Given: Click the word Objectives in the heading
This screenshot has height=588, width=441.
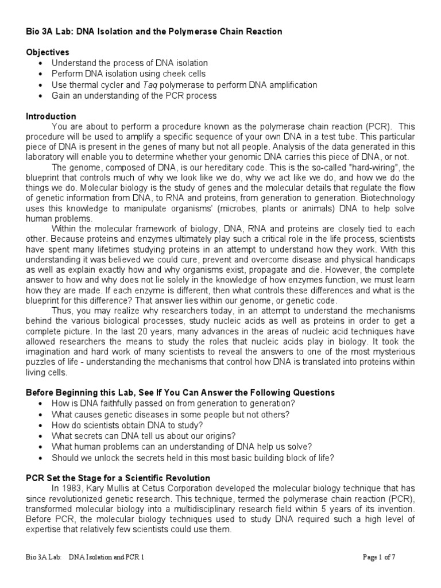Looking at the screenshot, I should click(48, 52).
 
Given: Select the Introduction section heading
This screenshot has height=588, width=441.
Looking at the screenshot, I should click(51, 117).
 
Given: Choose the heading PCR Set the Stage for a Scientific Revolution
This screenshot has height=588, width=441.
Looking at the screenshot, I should click(118, 478).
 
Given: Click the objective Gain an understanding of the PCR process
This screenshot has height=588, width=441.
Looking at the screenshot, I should click(134, 95).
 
